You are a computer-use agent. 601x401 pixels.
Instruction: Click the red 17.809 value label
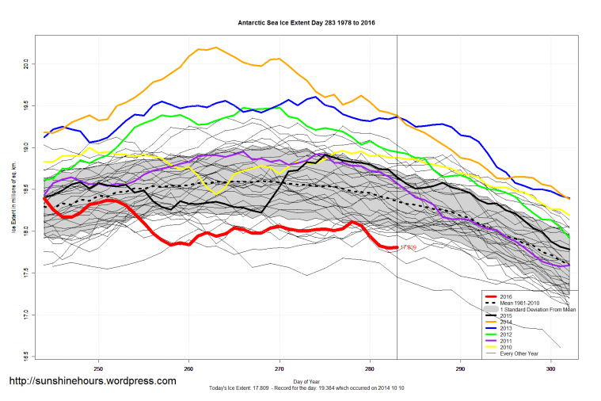408,248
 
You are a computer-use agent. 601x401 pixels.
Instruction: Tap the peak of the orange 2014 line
215,47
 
